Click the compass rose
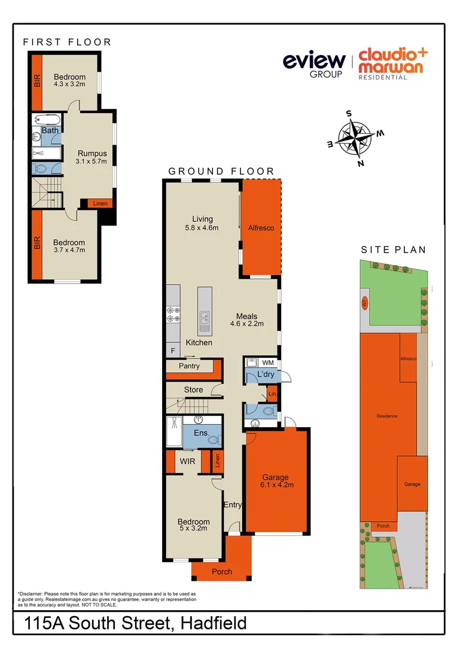pyautogui.click(x=355, y=137)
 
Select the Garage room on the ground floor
pyautogui.click(x=276, y=481)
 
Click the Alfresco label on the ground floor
pyautogui.click(x=260, y=228)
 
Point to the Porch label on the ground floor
pyautogui.click(x=221, y=572)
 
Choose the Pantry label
pyautogui.click(x=189, y=365)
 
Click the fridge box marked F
pyautogui.click(x=173, y=351)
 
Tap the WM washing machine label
pyautogui.click(x=267, y=362)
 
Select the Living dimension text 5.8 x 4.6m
pyautogui.click(x=202, y=228)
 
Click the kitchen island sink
pyautogui.click(x=204, y=321)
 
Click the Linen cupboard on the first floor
pyautogui.click(x=99, y=204)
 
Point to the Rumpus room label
pyautogui.click(x=92, y=154)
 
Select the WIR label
pyautogui.click(x=188, y=461)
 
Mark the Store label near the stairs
pyautogui.click(x=193, y=390)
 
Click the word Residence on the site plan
pyautogui.click(x=386, y=416)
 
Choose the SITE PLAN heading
pyautogui.click(x=393, y=250)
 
